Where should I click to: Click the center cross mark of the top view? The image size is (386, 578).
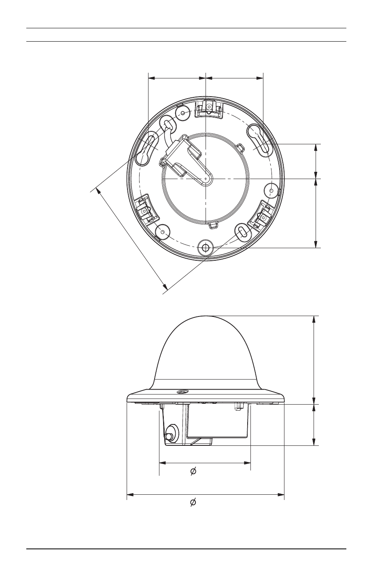coord(206,179)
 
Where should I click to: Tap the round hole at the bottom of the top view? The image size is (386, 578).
coord(206,248)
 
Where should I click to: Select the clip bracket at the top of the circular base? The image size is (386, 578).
coord(209,109)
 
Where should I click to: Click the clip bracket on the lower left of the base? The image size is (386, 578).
coord(146,209)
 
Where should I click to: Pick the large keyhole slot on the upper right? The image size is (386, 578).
coord(259,140)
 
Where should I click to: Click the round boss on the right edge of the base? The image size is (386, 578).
coord(271,190)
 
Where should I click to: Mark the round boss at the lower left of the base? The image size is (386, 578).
coord(163,232)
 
